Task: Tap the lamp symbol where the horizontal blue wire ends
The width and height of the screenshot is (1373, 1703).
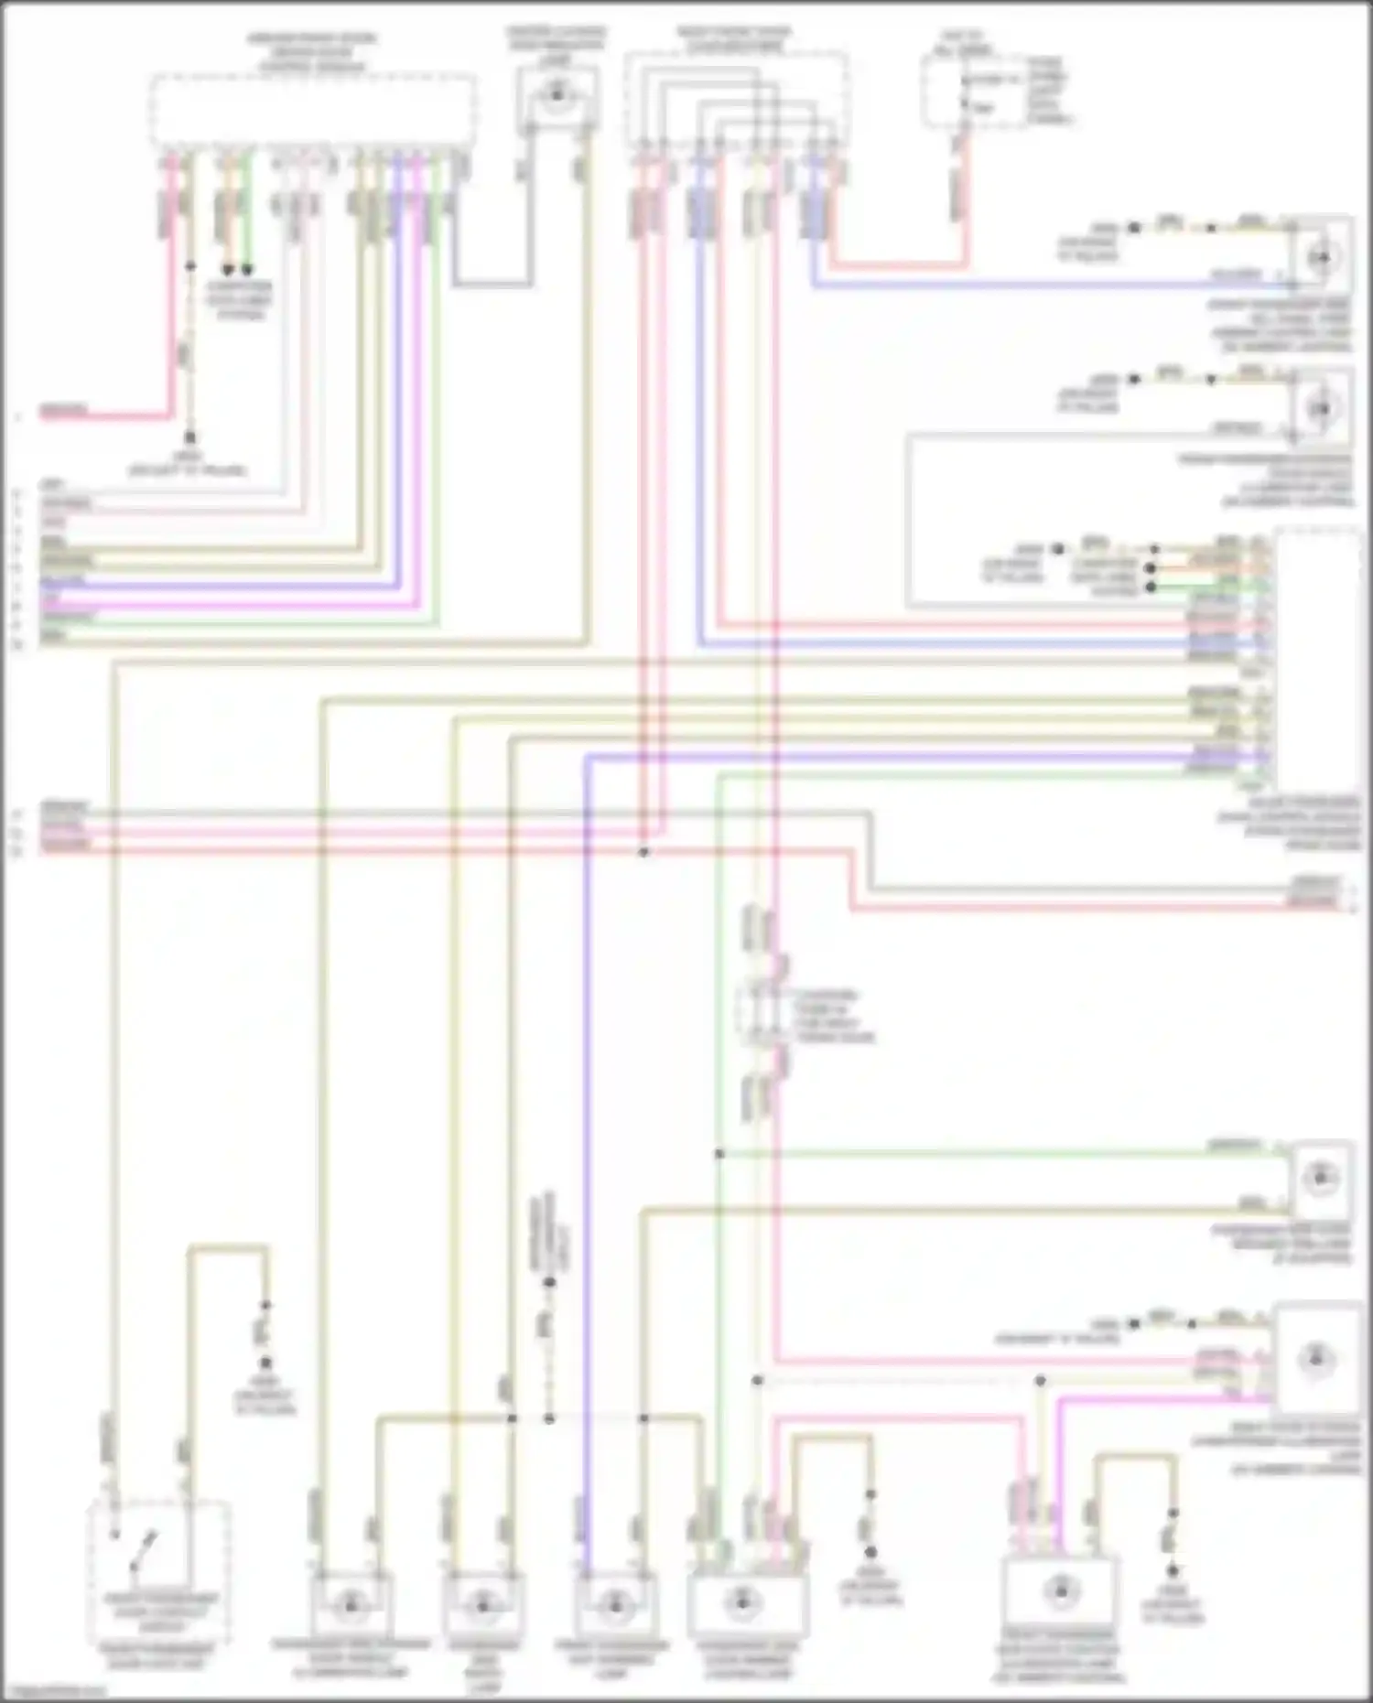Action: (1321, 258)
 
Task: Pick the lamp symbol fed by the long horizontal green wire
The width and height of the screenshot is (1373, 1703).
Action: (1320, 1178)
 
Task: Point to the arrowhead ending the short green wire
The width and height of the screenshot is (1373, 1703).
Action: (246, 271)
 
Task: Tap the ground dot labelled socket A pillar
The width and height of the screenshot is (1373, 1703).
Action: (190, 437)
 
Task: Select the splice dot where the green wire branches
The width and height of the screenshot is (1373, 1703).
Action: (719, 1154)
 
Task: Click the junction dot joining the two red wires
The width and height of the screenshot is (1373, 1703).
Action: (643, 852)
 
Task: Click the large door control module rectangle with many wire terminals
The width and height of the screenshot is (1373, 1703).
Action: (1318, 654)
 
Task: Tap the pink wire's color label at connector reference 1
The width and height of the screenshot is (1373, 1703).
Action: (64, 409)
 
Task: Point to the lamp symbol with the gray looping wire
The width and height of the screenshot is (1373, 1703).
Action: (1320, 408)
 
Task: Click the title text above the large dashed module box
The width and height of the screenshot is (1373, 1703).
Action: (311, 52)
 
